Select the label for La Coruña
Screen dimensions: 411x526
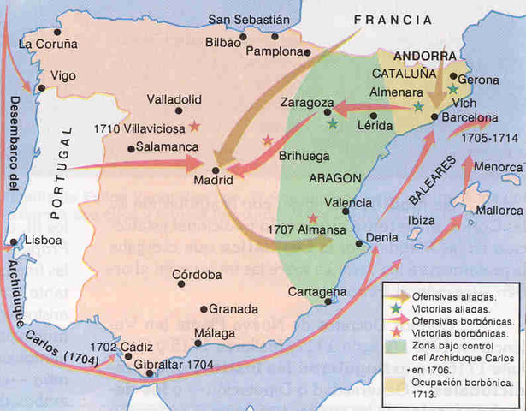[48, 43]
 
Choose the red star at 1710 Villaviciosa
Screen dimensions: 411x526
[196, 127]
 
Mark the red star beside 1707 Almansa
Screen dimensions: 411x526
[313, 218]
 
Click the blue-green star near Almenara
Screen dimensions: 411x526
[417, 107]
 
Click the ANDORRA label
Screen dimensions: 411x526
[426, 55]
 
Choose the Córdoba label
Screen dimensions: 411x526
[198, 275]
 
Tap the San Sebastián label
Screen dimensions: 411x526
[250, 19]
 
